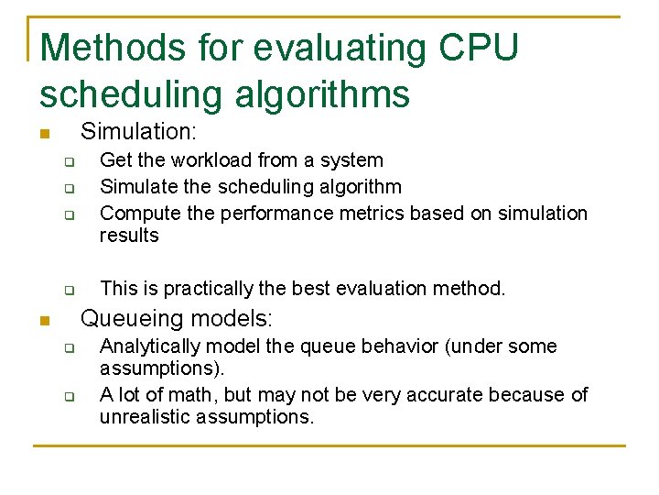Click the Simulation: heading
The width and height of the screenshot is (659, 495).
(138, 133)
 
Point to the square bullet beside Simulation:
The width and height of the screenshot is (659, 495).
(43, 135)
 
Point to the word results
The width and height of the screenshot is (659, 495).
(129, 236)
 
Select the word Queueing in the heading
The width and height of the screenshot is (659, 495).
(127, 319)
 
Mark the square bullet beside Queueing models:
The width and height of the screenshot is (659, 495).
(43, 321)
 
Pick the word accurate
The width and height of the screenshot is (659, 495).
(429, 395)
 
